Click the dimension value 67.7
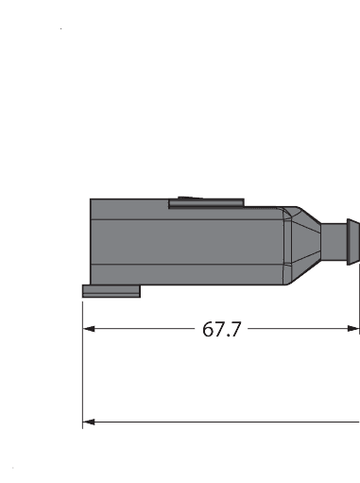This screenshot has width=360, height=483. click(222, 329)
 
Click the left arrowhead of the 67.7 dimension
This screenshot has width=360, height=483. click(89, 329)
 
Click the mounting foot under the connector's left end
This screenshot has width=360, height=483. click(111, 290)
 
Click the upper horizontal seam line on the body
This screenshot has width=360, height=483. click(189, 220)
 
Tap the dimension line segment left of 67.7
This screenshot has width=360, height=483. click(142, 329)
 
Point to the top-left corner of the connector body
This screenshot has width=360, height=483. click(91, 199)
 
